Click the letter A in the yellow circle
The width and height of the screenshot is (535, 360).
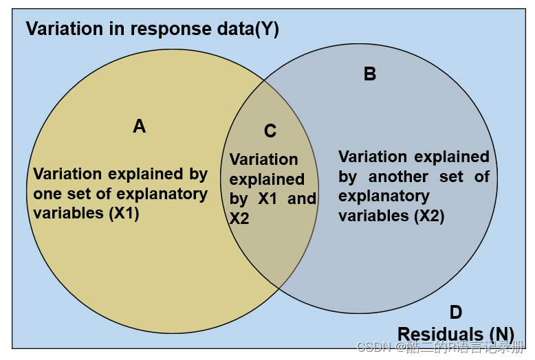[140, 126]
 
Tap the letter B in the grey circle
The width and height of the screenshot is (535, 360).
[370, 74]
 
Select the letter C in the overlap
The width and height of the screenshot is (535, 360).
[270, 131]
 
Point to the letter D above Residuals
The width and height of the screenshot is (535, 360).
[456, 313]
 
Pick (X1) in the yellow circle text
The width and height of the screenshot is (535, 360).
[124, 213]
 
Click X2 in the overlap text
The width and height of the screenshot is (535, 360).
[239, 218]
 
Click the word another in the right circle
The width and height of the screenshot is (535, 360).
[398, 177]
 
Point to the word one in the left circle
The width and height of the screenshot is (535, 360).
[47, 194]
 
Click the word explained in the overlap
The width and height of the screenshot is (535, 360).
[267, 179]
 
